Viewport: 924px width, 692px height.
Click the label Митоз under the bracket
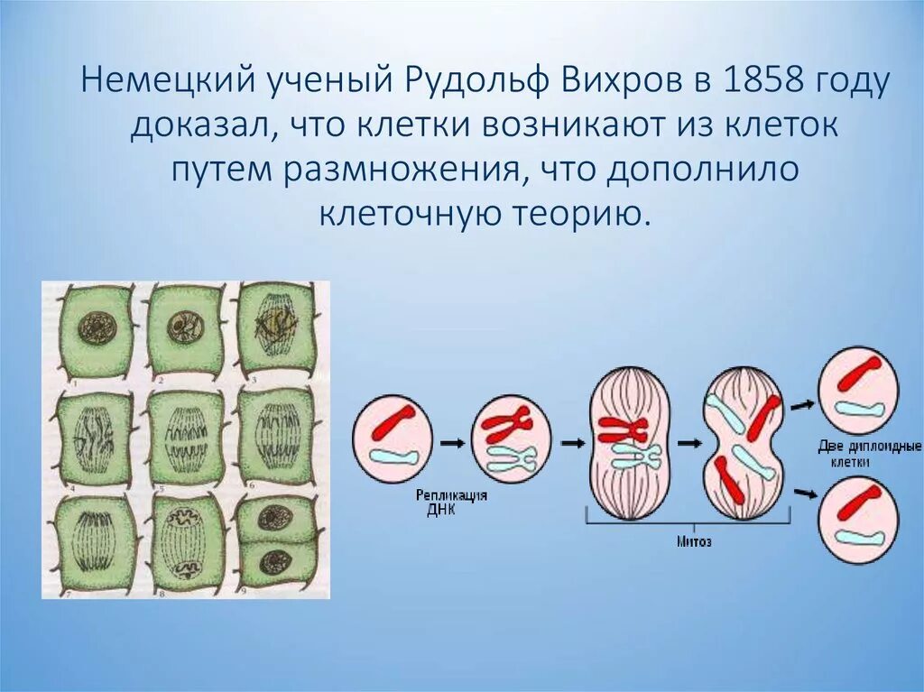coord(695,542)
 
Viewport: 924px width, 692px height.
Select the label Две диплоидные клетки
coord(869,453)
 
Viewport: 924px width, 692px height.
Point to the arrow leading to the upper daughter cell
coord(801,405)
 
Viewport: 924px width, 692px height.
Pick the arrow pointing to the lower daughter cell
coord(801,493)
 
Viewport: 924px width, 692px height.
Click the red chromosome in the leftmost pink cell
coord(393,420)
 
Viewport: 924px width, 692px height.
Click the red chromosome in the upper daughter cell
coord(859,372)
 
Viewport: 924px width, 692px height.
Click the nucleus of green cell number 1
coord(94,328)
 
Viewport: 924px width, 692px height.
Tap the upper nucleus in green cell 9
coord(273,518)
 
